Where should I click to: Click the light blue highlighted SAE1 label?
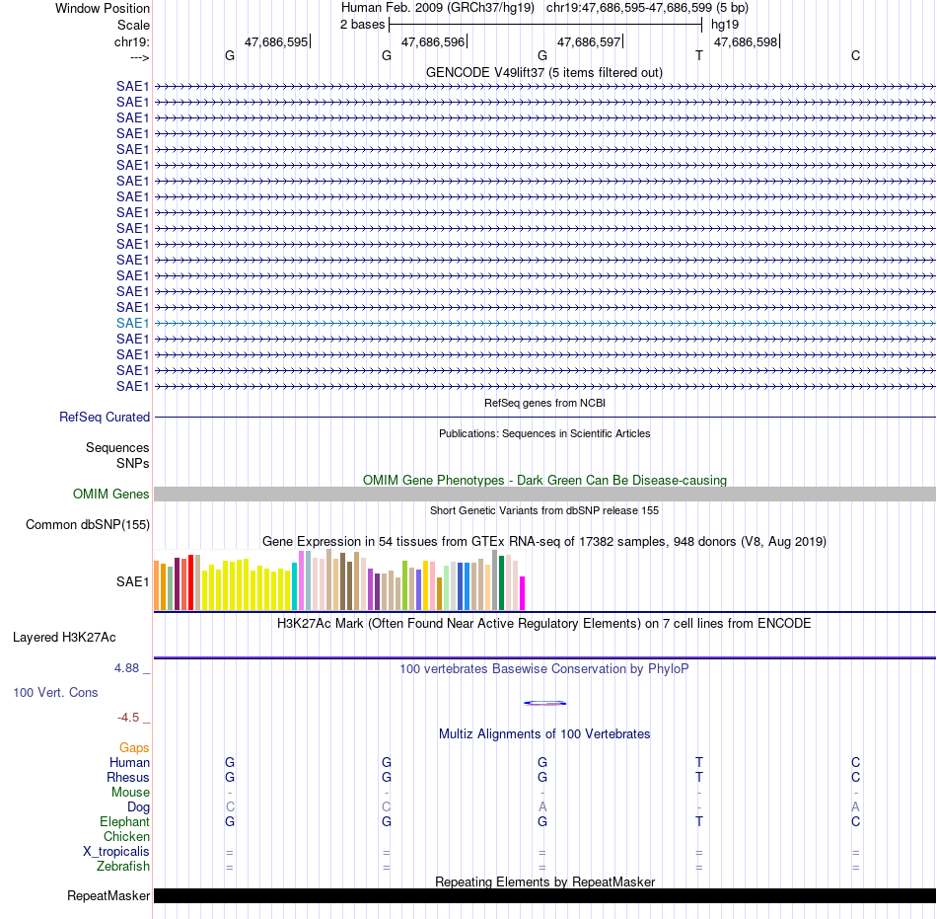coord(133,324)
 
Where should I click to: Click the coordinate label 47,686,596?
coord(433,41)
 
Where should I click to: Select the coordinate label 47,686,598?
coord(746,41)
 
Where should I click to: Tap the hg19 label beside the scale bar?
coord(725,25)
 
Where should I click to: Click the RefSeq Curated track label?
coord(105,418)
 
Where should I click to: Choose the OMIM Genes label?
coord(111,494)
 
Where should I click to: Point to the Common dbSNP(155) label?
coord(88,525)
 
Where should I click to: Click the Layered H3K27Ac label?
coord(64,638)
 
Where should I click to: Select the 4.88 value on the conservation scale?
coord(126,668)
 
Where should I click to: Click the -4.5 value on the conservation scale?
coord(128,718)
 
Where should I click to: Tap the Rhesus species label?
coord(128,777)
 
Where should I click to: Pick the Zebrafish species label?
coord(123,866)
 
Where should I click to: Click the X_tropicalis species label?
coord(116,852)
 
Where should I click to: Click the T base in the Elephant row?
coord(699,821)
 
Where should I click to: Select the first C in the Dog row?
coord(230,807)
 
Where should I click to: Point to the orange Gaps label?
coord(134,748)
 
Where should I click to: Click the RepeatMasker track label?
coord(108,895)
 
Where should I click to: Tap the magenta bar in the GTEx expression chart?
coord(523,593)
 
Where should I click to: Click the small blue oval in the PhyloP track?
coord(545,703)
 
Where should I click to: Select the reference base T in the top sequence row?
coord(699,55)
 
